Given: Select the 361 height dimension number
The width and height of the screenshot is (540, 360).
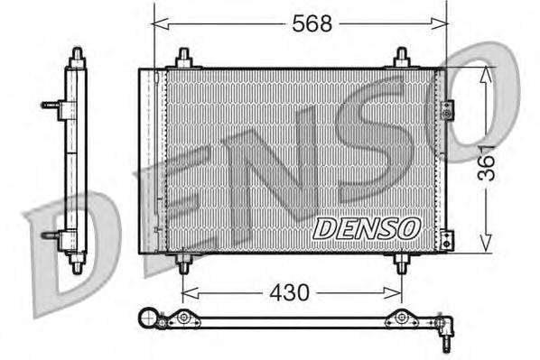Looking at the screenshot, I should (x=489, y=162).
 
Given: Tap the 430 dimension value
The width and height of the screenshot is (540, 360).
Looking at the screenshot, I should (x=290, y=292).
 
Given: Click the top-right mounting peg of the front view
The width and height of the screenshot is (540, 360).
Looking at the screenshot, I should (x=402, y=58).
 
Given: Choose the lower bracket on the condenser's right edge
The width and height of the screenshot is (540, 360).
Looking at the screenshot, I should (x=447, y=239).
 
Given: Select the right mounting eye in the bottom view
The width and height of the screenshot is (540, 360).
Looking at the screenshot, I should (x=401, y=318).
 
